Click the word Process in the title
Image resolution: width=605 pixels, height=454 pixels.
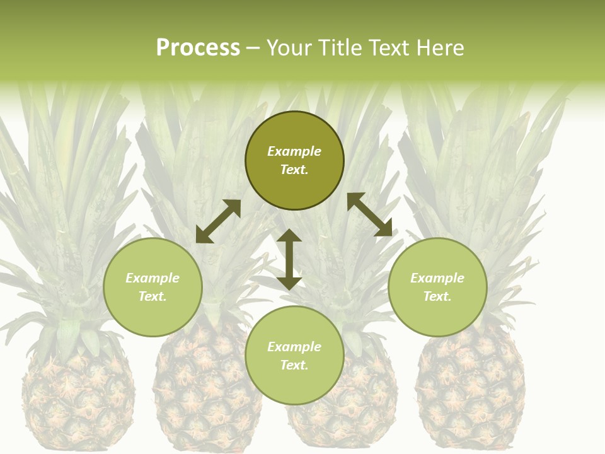[198, 48]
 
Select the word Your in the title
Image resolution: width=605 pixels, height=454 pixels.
[289, 48]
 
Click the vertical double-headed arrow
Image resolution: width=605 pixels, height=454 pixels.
[289, 259]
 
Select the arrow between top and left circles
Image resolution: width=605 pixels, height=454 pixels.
[218, 221]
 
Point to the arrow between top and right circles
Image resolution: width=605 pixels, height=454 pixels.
[369, 214]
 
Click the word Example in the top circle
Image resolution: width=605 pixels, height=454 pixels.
[294, 151]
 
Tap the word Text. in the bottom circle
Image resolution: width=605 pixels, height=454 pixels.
[294, 365]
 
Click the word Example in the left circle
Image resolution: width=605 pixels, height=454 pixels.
[153, 278]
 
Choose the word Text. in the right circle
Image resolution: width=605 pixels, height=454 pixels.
[437, 296]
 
